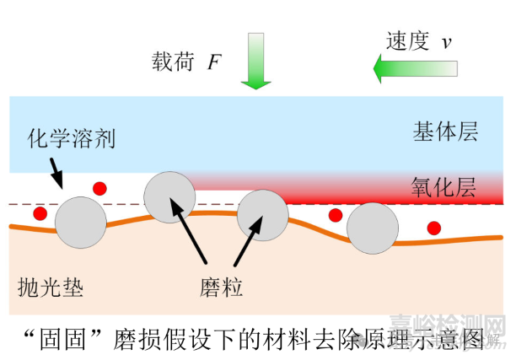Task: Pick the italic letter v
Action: (x=448, y=43)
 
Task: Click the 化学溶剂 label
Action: (x=72, y=137)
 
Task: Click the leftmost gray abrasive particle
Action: (x=81, y=223)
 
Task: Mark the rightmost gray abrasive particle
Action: (x=373, y=228)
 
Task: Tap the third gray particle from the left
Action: (x=262, y=215)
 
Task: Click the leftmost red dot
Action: (x=39, y=214)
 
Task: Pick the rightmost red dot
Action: (x=433, y=227)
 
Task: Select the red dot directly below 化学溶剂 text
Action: (x=99, y=188)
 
